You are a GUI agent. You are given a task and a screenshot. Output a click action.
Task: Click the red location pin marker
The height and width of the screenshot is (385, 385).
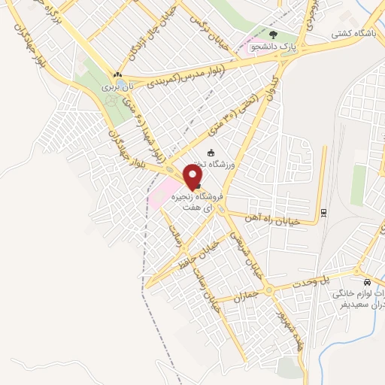coord(194,175)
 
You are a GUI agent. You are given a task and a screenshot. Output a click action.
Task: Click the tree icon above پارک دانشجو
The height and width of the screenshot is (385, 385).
coord(273,35)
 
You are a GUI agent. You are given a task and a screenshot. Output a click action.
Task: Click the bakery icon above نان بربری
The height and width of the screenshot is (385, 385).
coord(117,75)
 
